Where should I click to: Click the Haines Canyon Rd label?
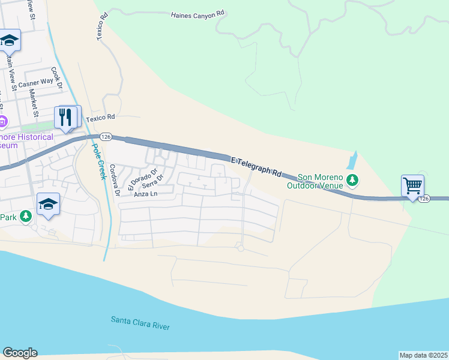tap(197, 13)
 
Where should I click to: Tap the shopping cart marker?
tap(412, 186)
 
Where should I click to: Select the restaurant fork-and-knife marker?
tap(67, 117)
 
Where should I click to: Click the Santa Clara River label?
tap(140, 322)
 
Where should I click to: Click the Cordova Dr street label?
tap(115, 181)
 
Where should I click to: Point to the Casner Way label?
tap(35, 83)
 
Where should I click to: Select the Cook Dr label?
tap(57, 77)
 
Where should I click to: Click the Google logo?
tap(20, 353)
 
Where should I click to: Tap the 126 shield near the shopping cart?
tap(424, 198)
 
